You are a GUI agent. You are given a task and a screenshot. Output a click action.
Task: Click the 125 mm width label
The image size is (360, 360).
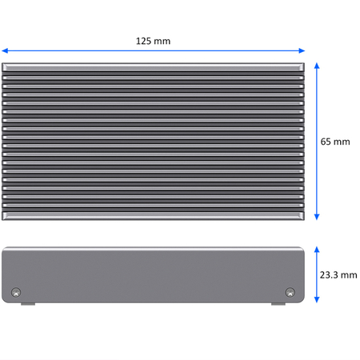[x=154, y=41]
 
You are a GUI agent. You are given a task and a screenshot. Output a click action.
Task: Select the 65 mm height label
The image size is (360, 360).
[x=335, y=142]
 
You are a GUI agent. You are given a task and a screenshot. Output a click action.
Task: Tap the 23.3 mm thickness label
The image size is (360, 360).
[x=338, y=274]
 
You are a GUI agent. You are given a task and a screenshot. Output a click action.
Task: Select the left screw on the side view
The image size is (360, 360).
[x=17, y=292]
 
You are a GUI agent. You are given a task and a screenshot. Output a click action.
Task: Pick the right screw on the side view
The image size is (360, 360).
[x=290, y=292]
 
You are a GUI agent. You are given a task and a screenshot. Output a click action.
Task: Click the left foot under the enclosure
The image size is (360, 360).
[x=27, y=304]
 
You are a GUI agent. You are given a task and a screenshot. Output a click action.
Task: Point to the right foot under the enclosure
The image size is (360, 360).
[x=278, y=304]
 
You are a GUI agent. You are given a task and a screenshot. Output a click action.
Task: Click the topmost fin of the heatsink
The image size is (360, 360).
[x=154, y=67]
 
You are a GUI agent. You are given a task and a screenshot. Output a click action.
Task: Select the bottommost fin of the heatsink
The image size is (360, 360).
[x=154, y=214]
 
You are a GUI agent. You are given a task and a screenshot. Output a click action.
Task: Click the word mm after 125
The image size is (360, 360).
[x=162, y=41]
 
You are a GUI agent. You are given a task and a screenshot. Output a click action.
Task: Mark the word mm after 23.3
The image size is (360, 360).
[x=349, y=274]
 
